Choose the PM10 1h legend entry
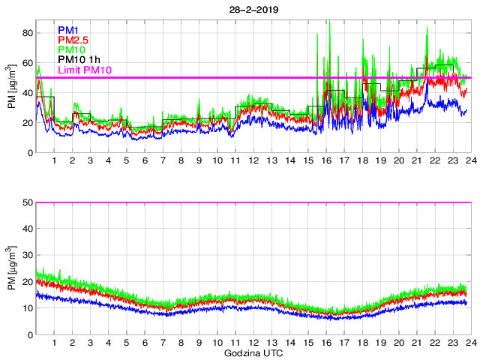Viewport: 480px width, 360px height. pos(79,59)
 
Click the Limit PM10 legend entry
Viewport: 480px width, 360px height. pos(85,70)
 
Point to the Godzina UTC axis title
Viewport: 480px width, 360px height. pos(253,352)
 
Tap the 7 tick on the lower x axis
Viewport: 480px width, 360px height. pos(163,343)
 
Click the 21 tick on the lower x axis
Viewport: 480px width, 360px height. pos(416,343)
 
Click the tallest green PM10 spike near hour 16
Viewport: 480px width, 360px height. pos(329,22)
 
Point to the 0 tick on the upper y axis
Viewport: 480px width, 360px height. pos(28,153)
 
